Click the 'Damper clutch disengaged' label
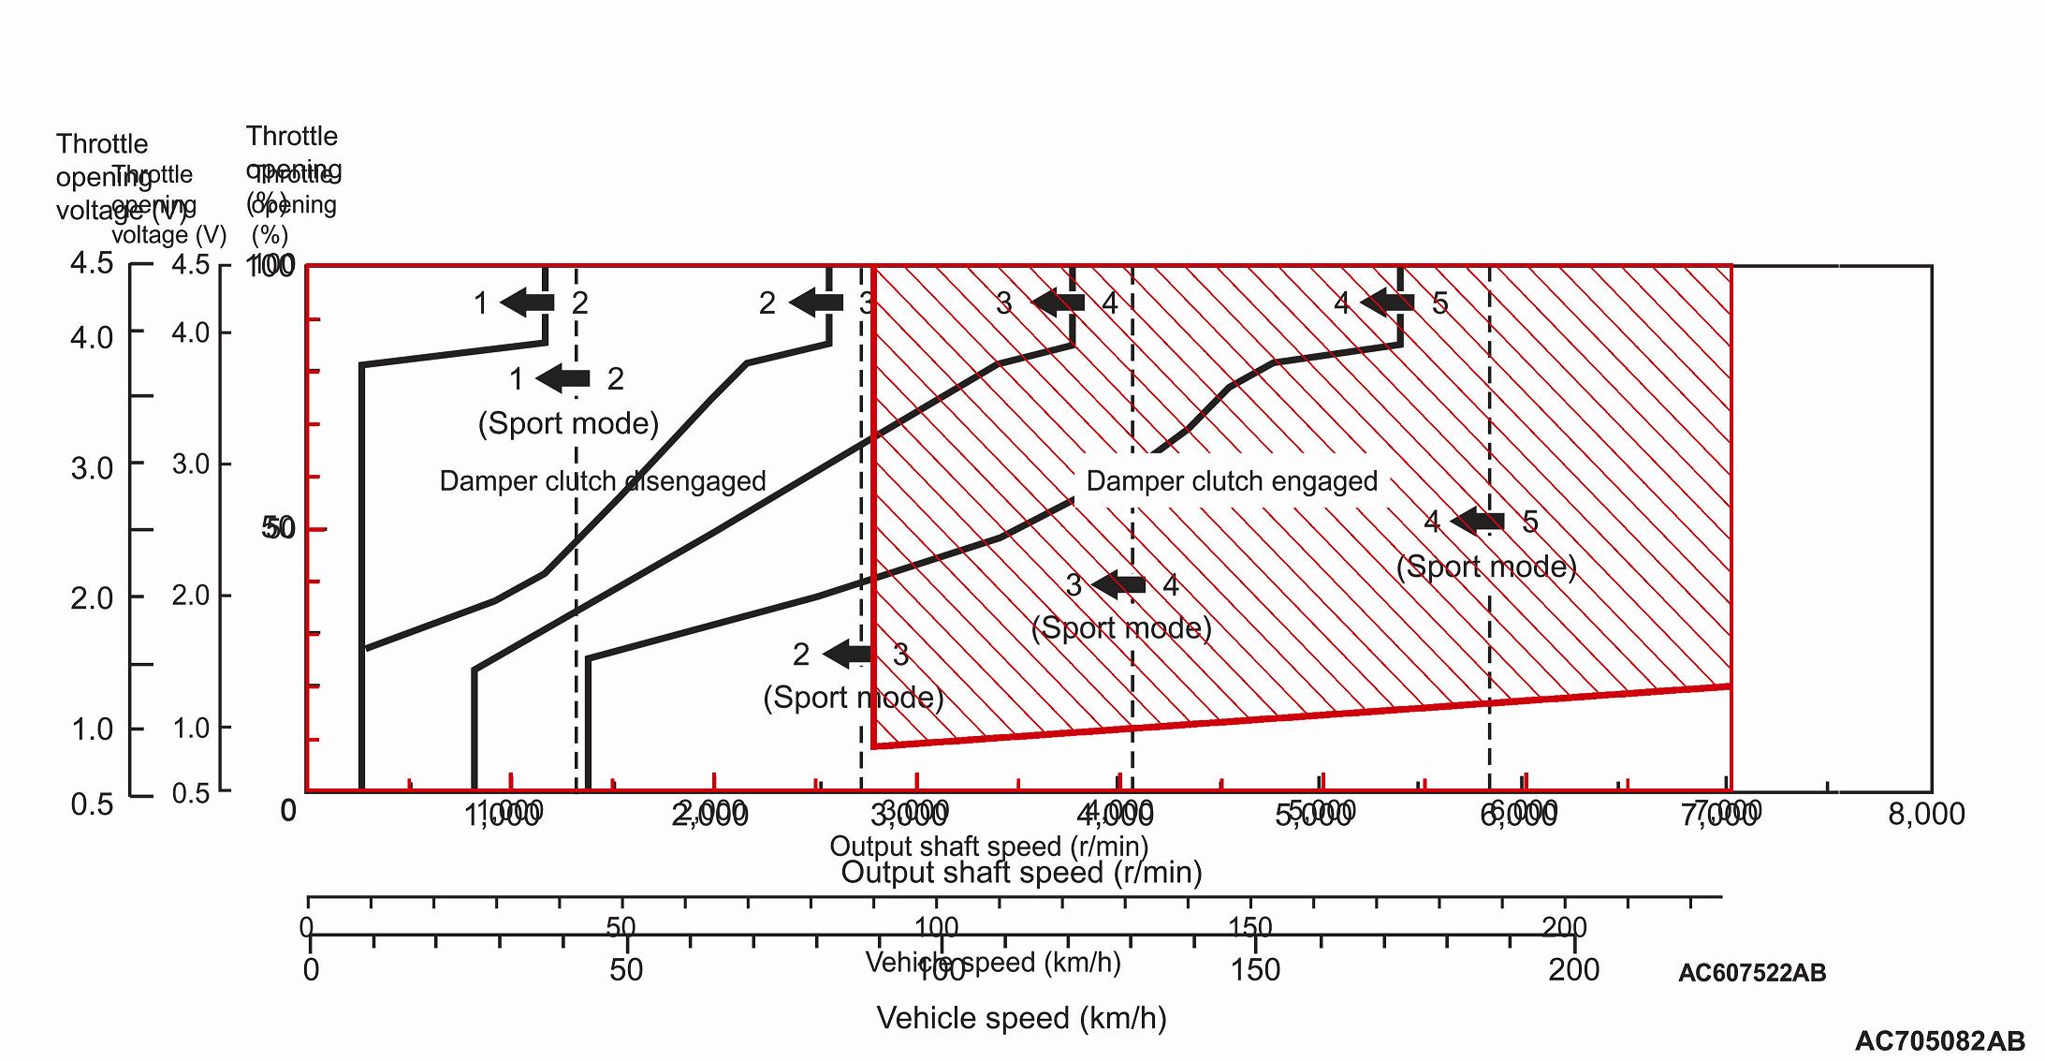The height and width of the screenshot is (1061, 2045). pyautogui.click(x=603, y=481)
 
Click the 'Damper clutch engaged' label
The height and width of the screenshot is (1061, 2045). pyautogui.click(x=1232, y=481)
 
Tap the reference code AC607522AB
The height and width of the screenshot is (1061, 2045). pyautogui.click(x=1751, y=973)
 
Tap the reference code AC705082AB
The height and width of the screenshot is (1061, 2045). pyautogui.click(x=1939, y=1041)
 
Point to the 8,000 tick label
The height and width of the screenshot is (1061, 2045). pyautogui.click(x=1926, y=815)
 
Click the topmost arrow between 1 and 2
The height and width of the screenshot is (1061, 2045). pyautogui.click(x=528, y=302)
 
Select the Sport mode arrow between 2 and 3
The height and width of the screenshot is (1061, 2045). pyautogui.click(x=849, y=654)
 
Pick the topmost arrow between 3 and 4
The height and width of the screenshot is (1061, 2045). pyautogui.click(x=1058, y=302)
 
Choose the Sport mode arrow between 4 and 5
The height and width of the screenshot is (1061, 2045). pyautogui.click(x=1478, y=521)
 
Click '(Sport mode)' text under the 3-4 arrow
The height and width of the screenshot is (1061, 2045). pyautogui.click(x=1121, y=627)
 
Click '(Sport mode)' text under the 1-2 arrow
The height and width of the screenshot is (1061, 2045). pyautogui.click(x=568, y=424)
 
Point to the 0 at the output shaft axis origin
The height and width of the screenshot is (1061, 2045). pyautogui.click(x=288, y=810)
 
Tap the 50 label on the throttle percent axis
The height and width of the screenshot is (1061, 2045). pyautogui.click(x=279, y=529)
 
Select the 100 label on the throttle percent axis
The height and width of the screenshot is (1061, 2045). pyautogui.click(x=270, y=266)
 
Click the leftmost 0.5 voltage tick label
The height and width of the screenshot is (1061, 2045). pyautogui.click(x=92, y=803)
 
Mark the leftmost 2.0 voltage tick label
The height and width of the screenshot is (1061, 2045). pyautogui.click(x=92, y=598)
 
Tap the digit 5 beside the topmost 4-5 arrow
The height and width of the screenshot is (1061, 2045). pyautogui.click(x=1439, y=303)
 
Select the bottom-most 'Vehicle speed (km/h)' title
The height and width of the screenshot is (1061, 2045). pyautogui.click(x=1021, y=1018)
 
